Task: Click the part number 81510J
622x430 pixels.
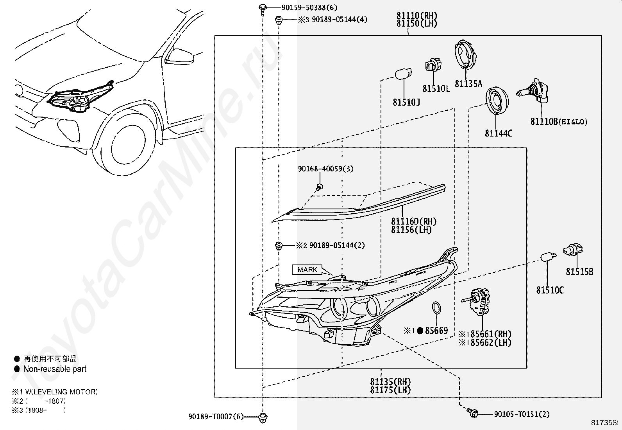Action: [406, 103]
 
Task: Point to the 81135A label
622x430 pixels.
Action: [468, 84]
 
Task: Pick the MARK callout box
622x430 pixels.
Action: [307, 270]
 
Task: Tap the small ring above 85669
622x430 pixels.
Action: [436, 308]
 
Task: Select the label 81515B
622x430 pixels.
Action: [579, 272]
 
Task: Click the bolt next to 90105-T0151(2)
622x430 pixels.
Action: [473, 413]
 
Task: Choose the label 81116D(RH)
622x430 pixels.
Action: [414, 221]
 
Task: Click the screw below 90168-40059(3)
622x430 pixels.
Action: [319, 187]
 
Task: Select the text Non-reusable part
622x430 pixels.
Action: [55, 369]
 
